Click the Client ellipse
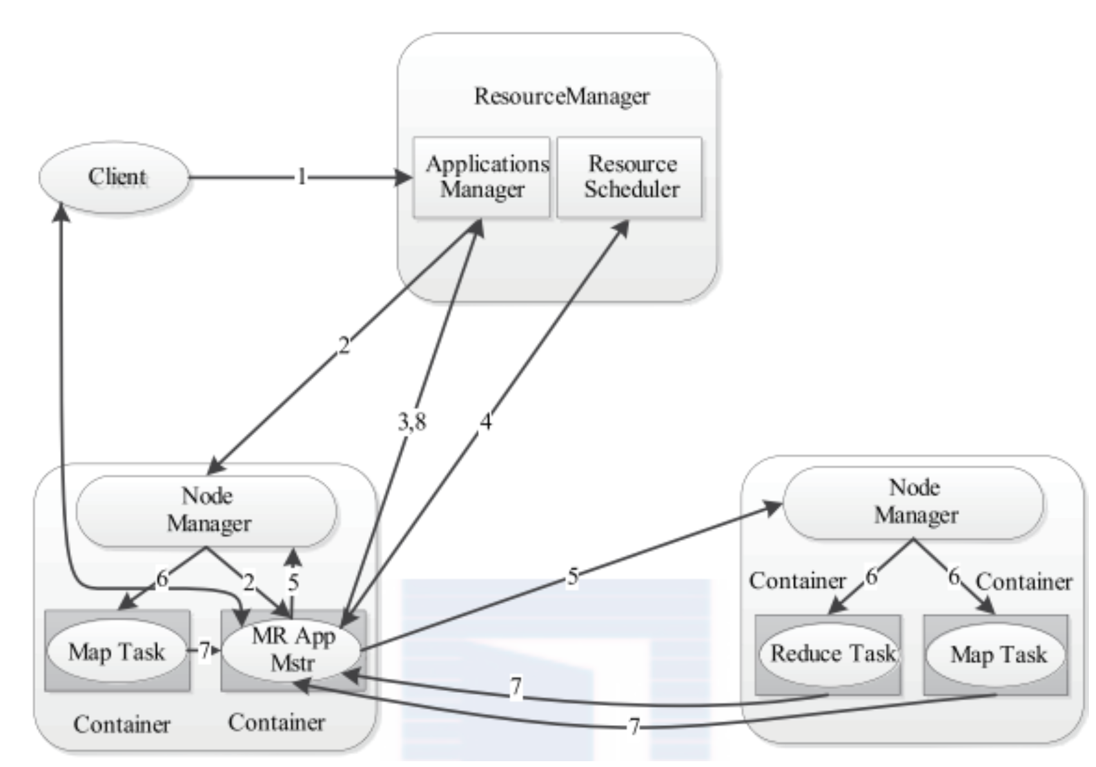coord(114,177)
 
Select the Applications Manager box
coord(482,177)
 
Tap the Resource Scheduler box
coord(629,177)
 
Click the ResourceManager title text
coord(562,96)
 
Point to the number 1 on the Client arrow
coord(302,177)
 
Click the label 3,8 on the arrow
coord(412,422)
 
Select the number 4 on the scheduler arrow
coord(485,422)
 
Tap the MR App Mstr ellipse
coord(291,650)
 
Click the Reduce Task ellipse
coord(829,654)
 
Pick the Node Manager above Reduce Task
coord(914,503)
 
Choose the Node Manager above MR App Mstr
coord(206,510)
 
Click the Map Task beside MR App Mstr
coord(117,652)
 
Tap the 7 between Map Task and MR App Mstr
coord(204,650)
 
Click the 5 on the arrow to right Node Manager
coord(572,578)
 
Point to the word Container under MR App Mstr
coord(277,723)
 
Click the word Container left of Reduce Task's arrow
coord(797,581)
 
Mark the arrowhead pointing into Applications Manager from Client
coord(404,177)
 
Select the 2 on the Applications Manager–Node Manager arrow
coord(344,346)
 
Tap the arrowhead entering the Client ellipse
coord(61,211)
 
